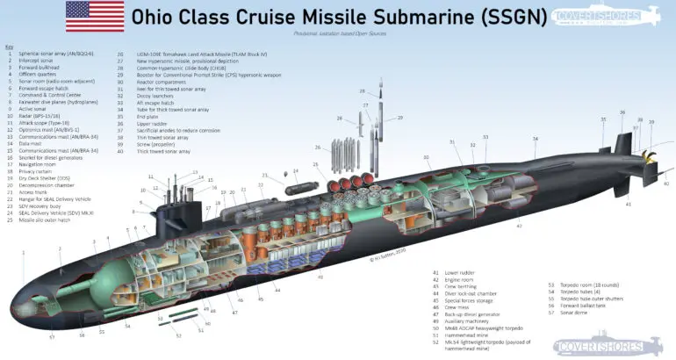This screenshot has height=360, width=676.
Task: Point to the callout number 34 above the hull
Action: point(535,139)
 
